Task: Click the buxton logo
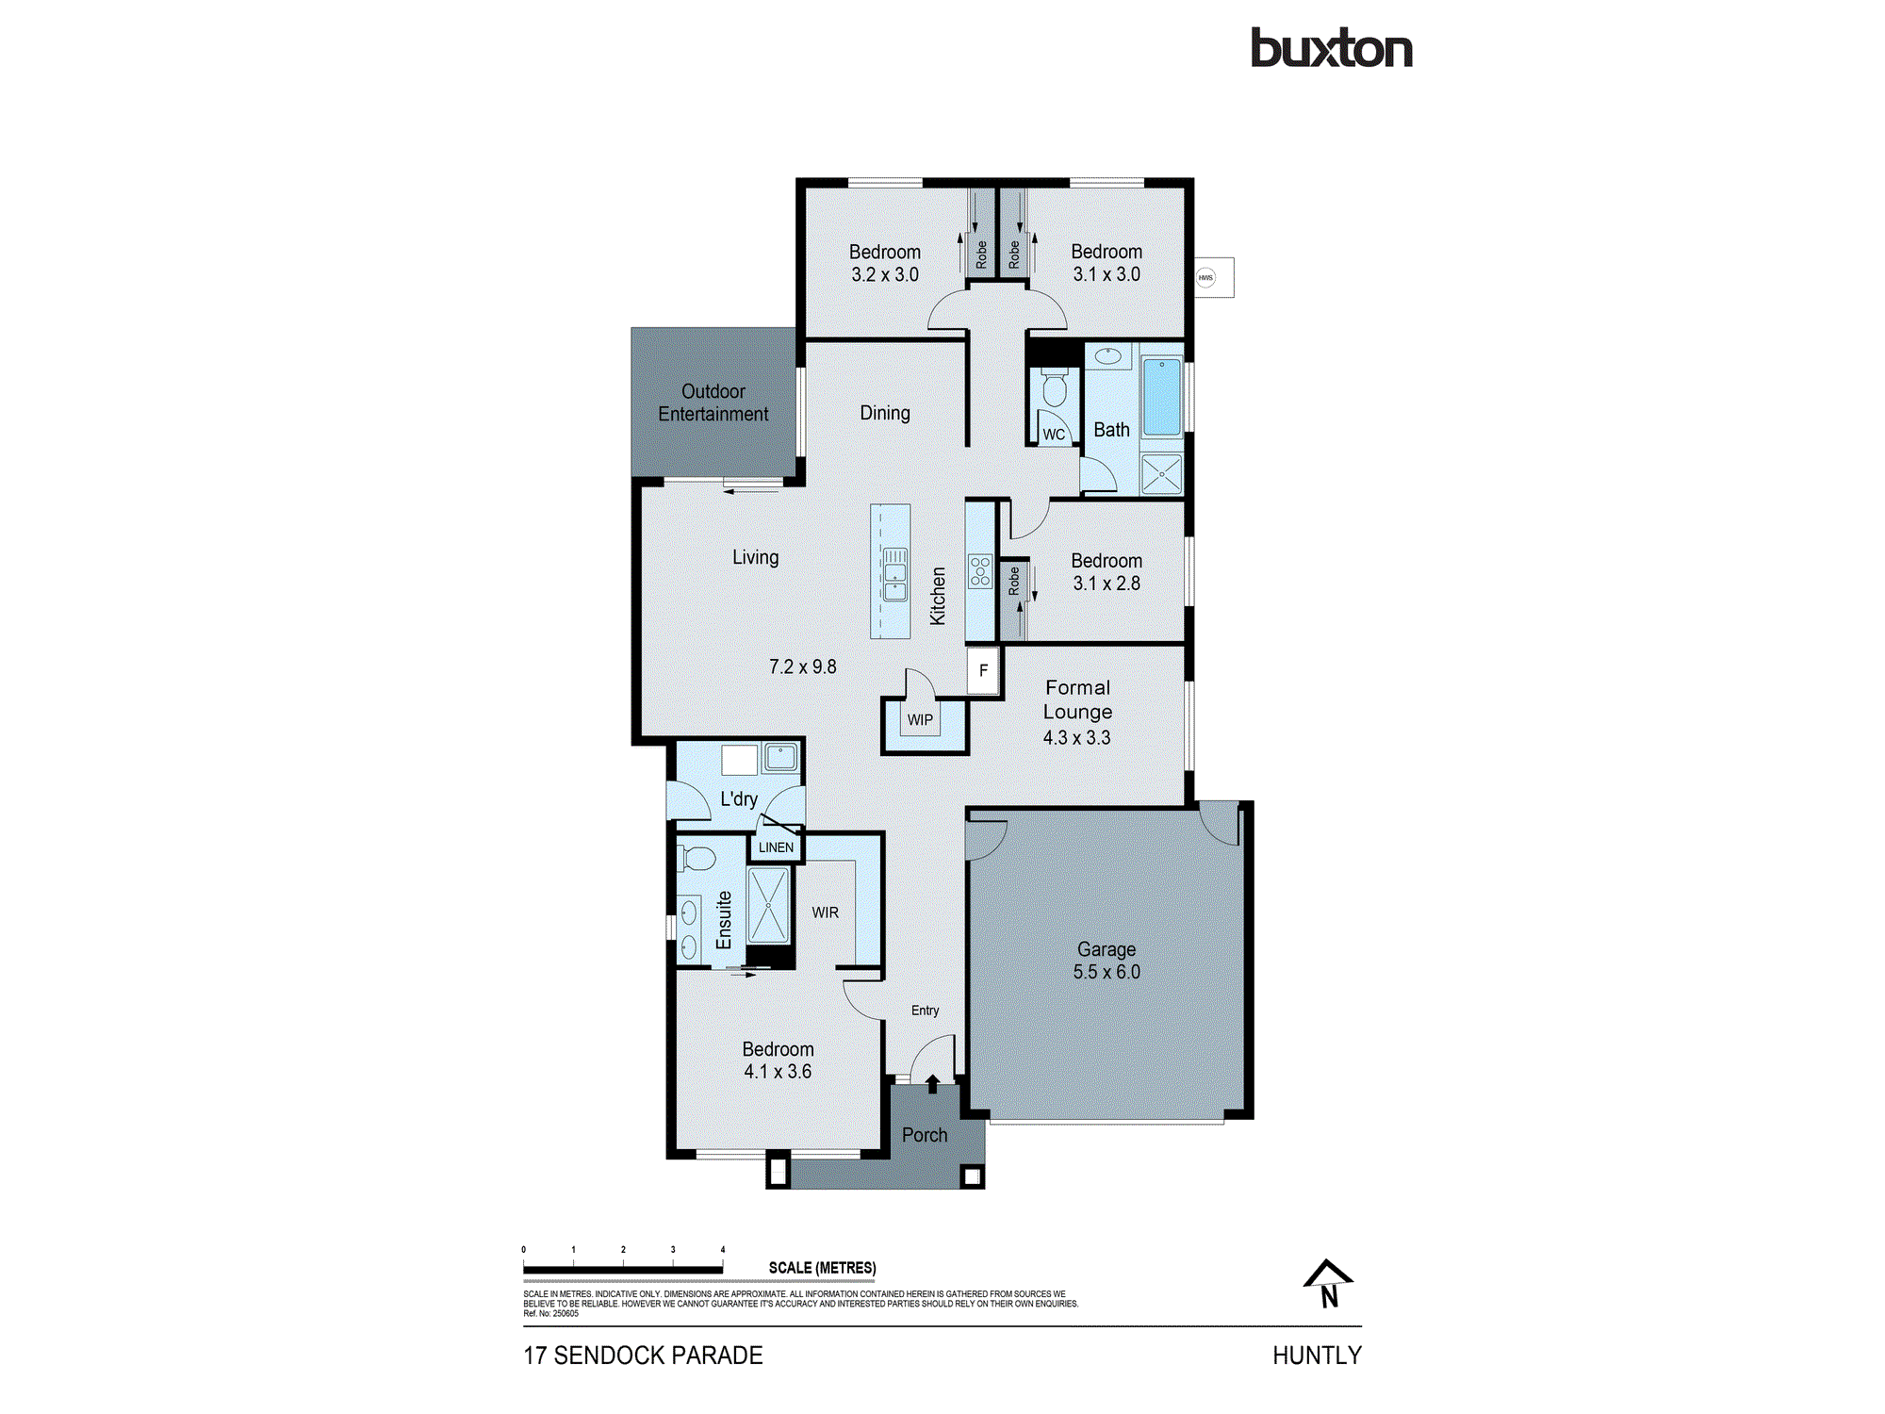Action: click(1331, 48)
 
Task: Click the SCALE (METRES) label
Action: click(822, 1268)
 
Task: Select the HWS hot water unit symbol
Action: click(1205, 277)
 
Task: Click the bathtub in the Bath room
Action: click(1162, 396)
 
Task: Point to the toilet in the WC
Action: click(1055, 387)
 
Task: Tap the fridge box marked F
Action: click(983, 670)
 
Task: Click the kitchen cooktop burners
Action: click(980, 571)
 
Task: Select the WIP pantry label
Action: click(920, 720)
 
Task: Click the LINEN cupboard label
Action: click(776, 847)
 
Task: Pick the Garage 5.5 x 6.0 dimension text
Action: click(1106, 972)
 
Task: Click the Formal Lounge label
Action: click(1077, 699)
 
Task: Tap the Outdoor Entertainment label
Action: click(713, 403)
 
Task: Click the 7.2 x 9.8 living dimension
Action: click(802, 666)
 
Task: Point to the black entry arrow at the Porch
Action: click(932, 1084)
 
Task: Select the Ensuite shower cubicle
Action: click(768, 905)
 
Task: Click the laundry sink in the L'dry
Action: click(780, 756)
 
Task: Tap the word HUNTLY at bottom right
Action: click(1317, 1356)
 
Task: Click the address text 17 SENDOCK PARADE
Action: click(643, 1356)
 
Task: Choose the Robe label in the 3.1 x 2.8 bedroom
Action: click(1014, 581)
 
